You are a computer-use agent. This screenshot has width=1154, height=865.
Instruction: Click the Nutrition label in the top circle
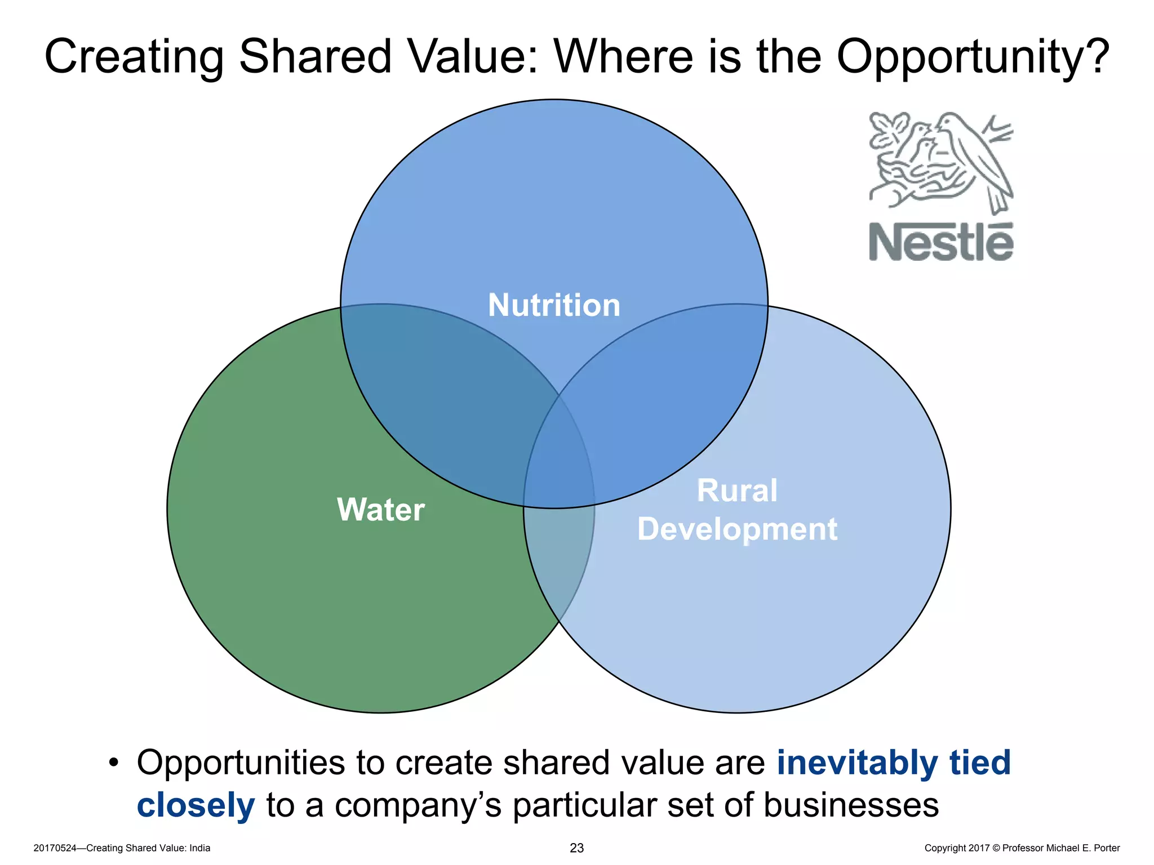(x=554, y=305)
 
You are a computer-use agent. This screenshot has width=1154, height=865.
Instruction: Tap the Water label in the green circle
(x=381, y=510)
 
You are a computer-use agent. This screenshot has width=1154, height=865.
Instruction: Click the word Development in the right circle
(x=737, y=529)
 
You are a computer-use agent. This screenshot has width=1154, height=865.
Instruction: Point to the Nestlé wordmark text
(x=940, y=242)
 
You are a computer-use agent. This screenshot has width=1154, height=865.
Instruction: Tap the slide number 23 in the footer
(x=576, y=848)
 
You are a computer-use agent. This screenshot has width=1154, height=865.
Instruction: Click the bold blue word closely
(x=196, y=805)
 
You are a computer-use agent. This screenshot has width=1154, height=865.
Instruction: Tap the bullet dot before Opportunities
(x=114, y=763)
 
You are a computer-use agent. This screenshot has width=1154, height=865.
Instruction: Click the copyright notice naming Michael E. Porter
(x=1022, y=848)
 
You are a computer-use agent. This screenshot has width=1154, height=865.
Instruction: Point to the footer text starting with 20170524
(x=122, y=848)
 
